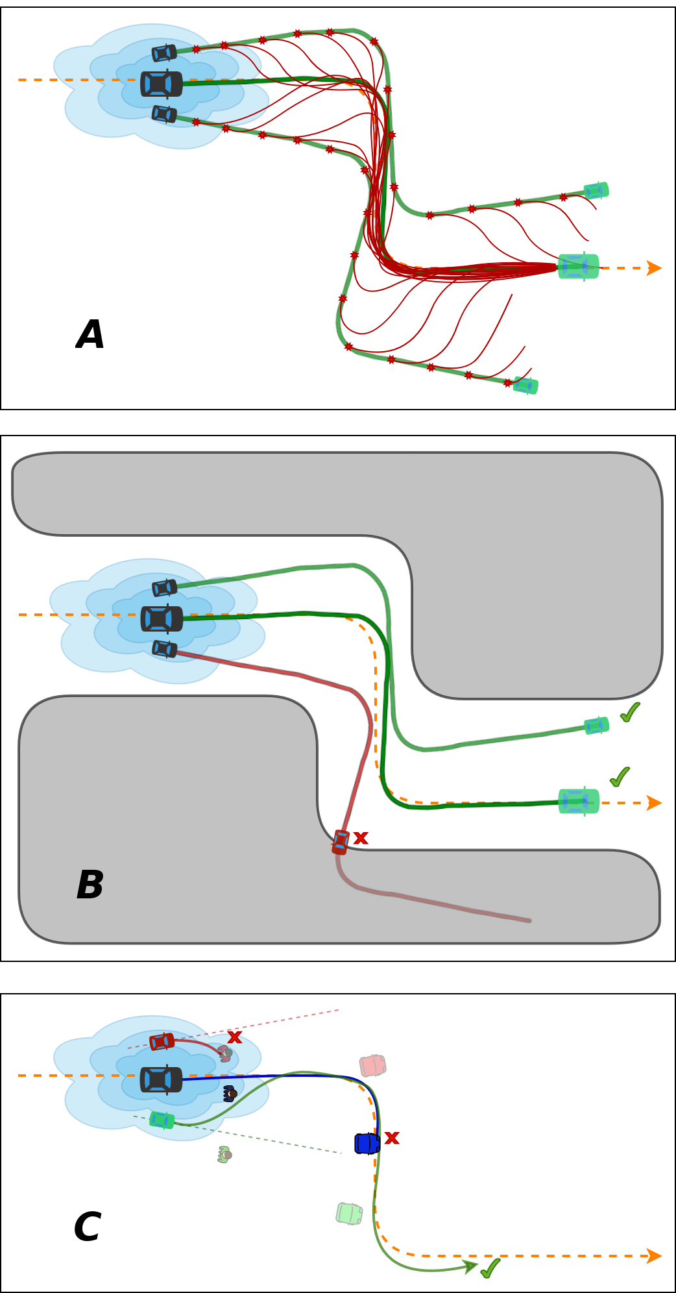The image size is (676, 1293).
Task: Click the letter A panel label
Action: [90, 335]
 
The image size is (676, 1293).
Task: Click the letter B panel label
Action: [90, 885]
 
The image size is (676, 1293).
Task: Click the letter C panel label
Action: [87, 1227]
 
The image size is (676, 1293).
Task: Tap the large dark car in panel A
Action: [162, 84]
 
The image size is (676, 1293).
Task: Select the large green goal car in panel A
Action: [578, 266]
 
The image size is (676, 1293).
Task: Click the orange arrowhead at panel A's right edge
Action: [654, 268]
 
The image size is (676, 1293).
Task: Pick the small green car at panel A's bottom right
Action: [525, 386]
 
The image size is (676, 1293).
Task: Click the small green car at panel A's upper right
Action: [596, 190]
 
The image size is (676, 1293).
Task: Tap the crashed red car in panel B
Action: [341, 842]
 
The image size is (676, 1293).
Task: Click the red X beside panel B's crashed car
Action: [361, 838]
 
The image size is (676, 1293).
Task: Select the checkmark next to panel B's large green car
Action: [620, 776]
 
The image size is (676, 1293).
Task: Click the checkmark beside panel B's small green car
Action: [629, 712]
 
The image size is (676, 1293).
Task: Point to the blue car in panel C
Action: [367, 1143]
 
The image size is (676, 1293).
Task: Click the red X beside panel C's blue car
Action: [392, 1138]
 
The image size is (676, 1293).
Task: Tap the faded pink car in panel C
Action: [373, 1065]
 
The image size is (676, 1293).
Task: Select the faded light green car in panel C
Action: [349, 1213]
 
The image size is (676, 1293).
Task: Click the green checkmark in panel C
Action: [490, 1268]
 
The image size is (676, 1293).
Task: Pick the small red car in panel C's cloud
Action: [162, 1042]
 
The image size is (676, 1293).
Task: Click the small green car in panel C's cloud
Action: [162, 1120]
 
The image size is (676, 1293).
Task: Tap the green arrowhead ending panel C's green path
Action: [470, 1265]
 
